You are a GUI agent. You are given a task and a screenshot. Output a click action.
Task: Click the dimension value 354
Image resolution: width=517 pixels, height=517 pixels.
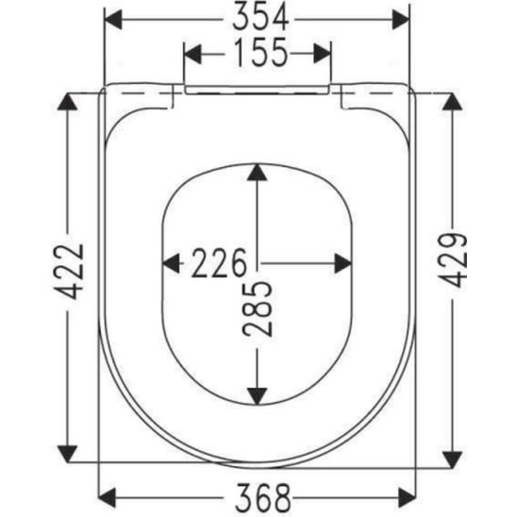(257, 17)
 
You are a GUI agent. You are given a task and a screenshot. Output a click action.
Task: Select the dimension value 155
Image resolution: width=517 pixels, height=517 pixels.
(257, 54)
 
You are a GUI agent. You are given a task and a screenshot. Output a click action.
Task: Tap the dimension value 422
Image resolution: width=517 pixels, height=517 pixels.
(68, 274)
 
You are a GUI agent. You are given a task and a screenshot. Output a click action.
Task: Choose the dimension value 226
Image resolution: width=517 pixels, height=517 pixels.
(220, 262)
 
